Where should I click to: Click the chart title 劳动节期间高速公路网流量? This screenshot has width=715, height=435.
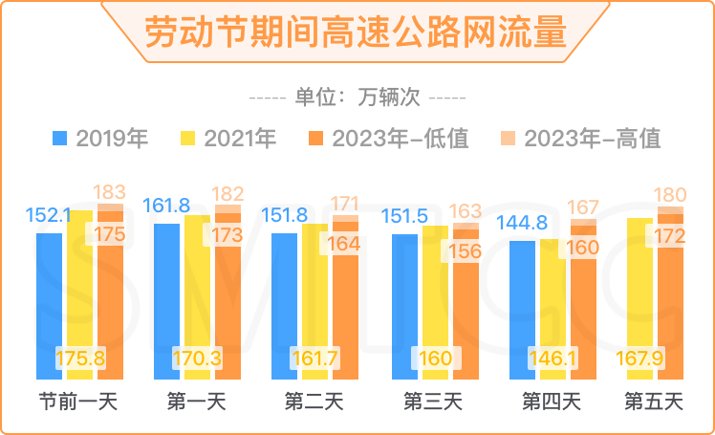point(356,31)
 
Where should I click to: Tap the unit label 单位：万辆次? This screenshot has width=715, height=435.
point(356,98)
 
